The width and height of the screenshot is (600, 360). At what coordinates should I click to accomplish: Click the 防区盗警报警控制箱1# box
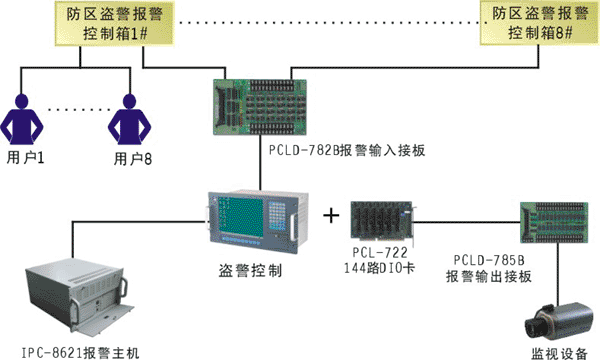point(115,24)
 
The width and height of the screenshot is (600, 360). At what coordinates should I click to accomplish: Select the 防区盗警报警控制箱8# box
point(540,23)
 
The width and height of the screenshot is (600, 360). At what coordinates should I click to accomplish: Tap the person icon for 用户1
point(21,119)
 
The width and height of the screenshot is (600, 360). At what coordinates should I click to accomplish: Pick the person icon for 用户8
point(129,119)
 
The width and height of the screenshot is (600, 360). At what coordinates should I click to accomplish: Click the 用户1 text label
point(25,157)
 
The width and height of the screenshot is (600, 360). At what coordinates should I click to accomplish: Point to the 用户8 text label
point(133,158)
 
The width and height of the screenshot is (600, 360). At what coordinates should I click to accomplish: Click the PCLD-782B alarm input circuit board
point(260,107)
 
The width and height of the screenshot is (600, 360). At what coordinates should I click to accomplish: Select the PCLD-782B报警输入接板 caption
point(347,150)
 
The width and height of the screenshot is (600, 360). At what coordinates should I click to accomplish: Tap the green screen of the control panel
point(241,216)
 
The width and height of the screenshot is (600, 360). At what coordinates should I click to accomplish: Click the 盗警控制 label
point(251,270)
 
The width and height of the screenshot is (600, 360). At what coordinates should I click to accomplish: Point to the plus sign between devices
point(331,215)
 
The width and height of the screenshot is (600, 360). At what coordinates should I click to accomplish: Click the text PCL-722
point(380,252)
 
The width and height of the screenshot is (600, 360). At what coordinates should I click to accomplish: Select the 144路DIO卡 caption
point(379,268)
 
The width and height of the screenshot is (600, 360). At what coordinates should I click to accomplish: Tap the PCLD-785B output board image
point(554,223)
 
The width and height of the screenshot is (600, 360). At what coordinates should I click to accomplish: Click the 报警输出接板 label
point(489,276)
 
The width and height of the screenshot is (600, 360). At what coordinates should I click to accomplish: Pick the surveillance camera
point(555,322)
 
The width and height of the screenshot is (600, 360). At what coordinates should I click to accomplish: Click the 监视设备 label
point(559,353)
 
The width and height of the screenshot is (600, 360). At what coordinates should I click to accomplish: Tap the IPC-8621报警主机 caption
point(80,353)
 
